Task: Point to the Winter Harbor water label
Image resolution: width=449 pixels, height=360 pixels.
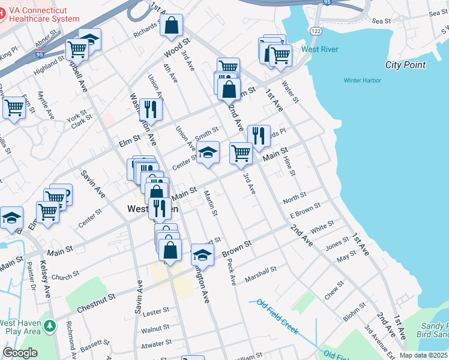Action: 363,80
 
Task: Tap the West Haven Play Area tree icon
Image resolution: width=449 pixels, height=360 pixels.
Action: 51,326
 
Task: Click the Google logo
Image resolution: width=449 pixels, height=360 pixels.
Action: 20,353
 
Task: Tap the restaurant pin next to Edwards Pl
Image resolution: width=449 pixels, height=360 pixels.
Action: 259,135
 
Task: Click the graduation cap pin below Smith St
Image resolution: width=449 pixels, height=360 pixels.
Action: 208,152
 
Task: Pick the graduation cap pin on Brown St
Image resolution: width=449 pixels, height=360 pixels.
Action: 202,254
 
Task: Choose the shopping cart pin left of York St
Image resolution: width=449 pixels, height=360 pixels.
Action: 14,109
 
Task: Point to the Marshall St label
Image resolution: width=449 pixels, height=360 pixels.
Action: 261,275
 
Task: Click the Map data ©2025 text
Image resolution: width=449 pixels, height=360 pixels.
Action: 424,355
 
